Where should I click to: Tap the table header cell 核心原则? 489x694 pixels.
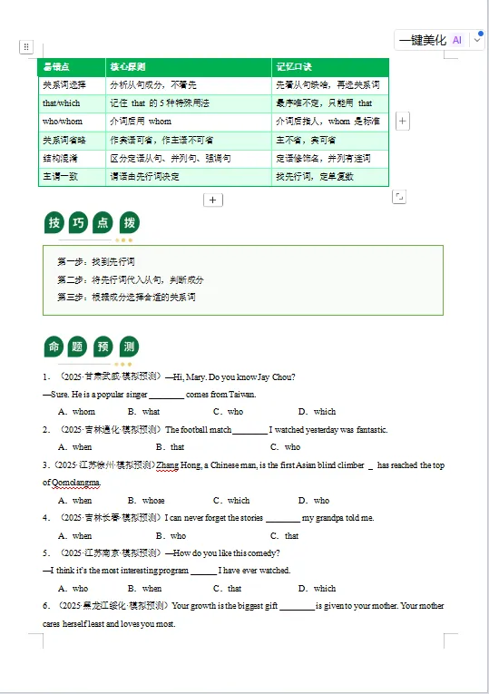[128, 67]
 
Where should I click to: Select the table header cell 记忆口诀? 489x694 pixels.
[295, 67]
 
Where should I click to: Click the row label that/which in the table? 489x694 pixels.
[62, 103]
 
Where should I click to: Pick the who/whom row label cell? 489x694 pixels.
[63, 122]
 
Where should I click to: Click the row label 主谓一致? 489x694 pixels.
[61, 176]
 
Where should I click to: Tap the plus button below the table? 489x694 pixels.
[213, 200]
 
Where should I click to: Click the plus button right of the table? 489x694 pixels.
[403, 121]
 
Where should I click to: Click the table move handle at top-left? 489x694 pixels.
[26, 46]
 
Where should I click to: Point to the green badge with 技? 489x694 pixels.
[54, 223]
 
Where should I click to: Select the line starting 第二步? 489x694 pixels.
[131, 279]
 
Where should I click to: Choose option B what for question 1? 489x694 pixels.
[145, 412]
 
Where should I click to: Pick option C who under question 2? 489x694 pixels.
[286, 447]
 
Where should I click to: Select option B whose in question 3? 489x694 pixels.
[147, 500]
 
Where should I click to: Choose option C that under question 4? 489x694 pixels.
[286, 535]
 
